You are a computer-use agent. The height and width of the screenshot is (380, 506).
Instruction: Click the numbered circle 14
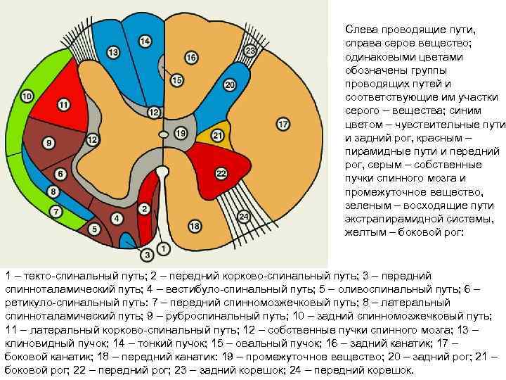point(145,42)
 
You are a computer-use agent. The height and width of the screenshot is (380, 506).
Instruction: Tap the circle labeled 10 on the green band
point(27,96)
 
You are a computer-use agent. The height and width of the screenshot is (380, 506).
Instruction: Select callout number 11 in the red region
point(64,106)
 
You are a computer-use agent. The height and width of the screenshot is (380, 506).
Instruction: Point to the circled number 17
point(283,125)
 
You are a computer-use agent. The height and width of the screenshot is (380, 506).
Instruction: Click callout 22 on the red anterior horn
point(221,173)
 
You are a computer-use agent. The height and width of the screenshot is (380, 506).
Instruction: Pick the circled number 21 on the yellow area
point(218,135)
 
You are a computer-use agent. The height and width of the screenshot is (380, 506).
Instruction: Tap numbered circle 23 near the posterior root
point(250,51)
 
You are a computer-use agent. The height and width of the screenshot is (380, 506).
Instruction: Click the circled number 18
point(195,226)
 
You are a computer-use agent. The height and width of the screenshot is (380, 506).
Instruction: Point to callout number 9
point(48,143)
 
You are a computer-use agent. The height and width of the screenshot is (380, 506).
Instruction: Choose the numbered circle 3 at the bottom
point(148,253)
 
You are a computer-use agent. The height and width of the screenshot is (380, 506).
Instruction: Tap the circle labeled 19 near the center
point(181,133)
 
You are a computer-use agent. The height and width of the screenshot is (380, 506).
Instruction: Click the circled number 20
point(230,85)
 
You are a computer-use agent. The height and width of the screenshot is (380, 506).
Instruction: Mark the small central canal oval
point(164,133)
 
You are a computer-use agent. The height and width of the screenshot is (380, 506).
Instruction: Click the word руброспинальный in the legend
point(192,317)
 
